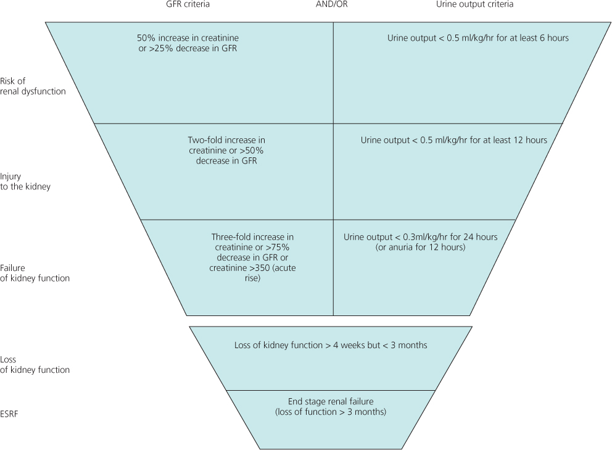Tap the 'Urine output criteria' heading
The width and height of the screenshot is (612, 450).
click(x=474, y=4)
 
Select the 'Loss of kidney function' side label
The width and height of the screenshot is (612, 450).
click(x=35, y=364)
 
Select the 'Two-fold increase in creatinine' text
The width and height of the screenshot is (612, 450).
click(x=226, y=146)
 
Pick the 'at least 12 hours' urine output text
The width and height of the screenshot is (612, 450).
click(x=515, y=140)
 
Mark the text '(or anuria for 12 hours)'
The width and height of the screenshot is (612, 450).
click(x=420, y=248)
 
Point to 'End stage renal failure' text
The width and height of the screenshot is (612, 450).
click(x=330, y=401)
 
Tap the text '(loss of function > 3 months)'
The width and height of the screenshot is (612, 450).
click(x=330, y=411)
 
